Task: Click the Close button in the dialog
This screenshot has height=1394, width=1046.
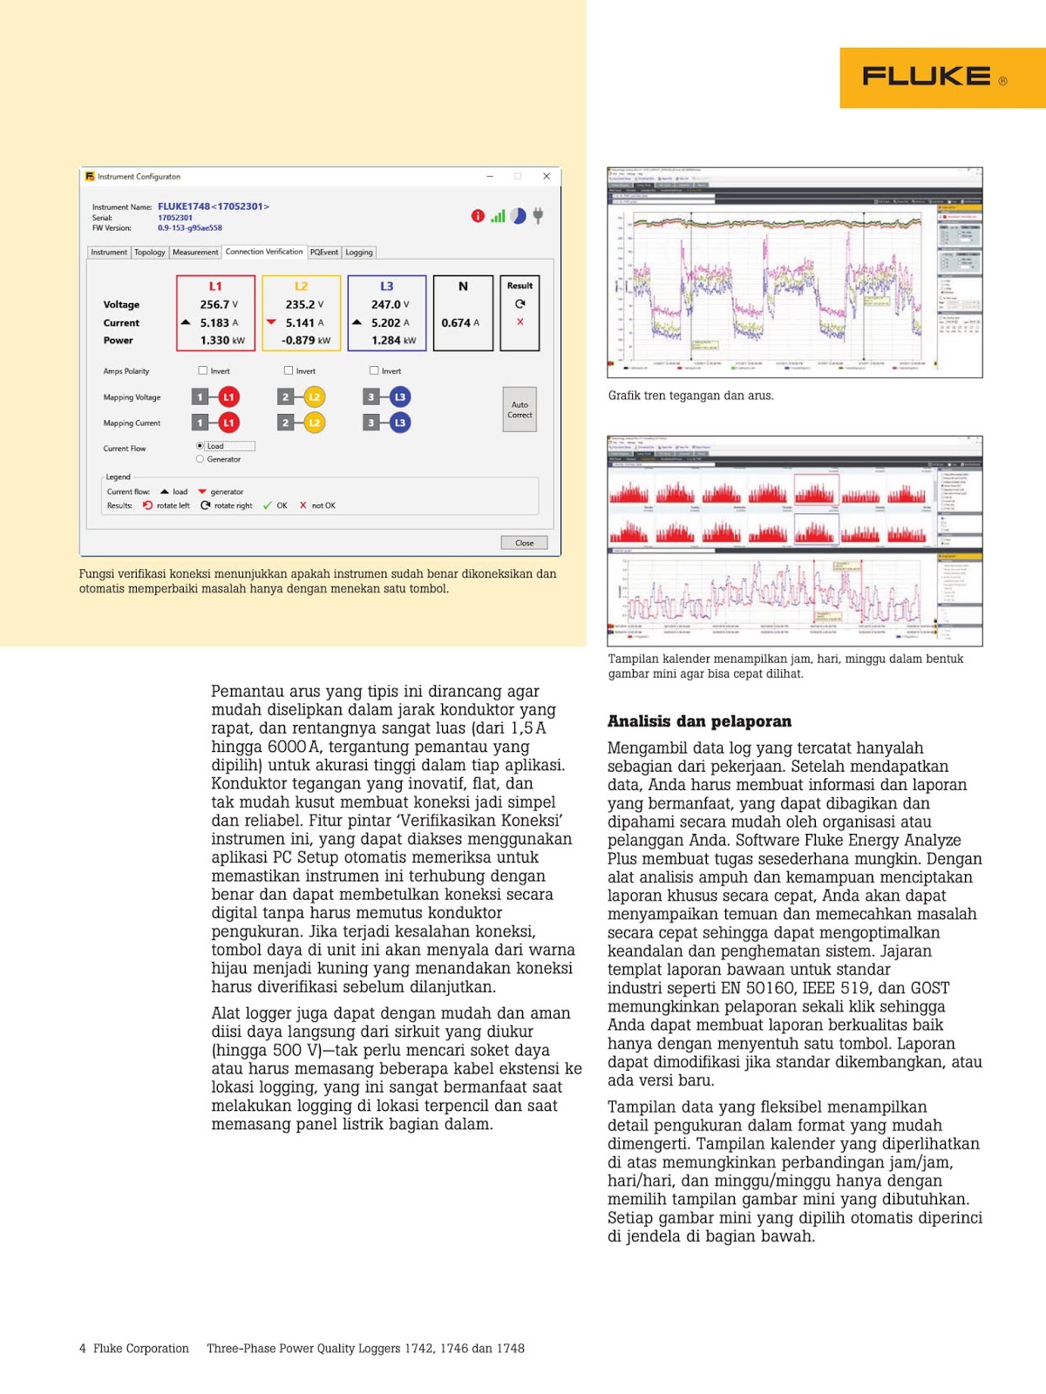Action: (524, 543)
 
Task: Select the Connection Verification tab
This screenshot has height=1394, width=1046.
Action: (264, 252)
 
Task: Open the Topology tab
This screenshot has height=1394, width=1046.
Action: (149, 253)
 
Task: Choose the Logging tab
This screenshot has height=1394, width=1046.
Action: (358, 253)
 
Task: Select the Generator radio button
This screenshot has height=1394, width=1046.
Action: (200, 459)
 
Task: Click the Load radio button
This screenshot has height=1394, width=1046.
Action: (200, 446)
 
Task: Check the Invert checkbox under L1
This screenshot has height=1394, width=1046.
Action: (203, 370)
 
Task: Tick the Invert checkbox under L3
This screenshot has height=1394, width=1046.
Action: (374, 370)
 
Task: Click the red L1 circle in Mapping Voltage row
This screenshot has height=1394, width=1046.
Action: (228, 397)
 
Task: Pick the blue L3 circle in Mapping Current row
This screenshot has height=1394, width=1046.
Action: (399, 423)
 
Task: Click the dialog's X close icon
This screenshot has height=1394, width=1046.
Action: (547, 176)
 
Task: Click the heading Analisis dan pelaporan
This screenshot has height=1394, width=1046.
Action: (699, 721)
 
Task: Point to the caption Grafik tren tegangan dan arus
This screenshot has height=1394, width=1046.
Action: (690, 396)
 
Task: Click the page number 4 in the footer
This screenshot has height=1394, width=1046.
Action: (83, 1349)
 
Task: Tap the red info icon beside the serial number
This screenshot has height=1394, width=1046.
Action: (478, 216)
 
